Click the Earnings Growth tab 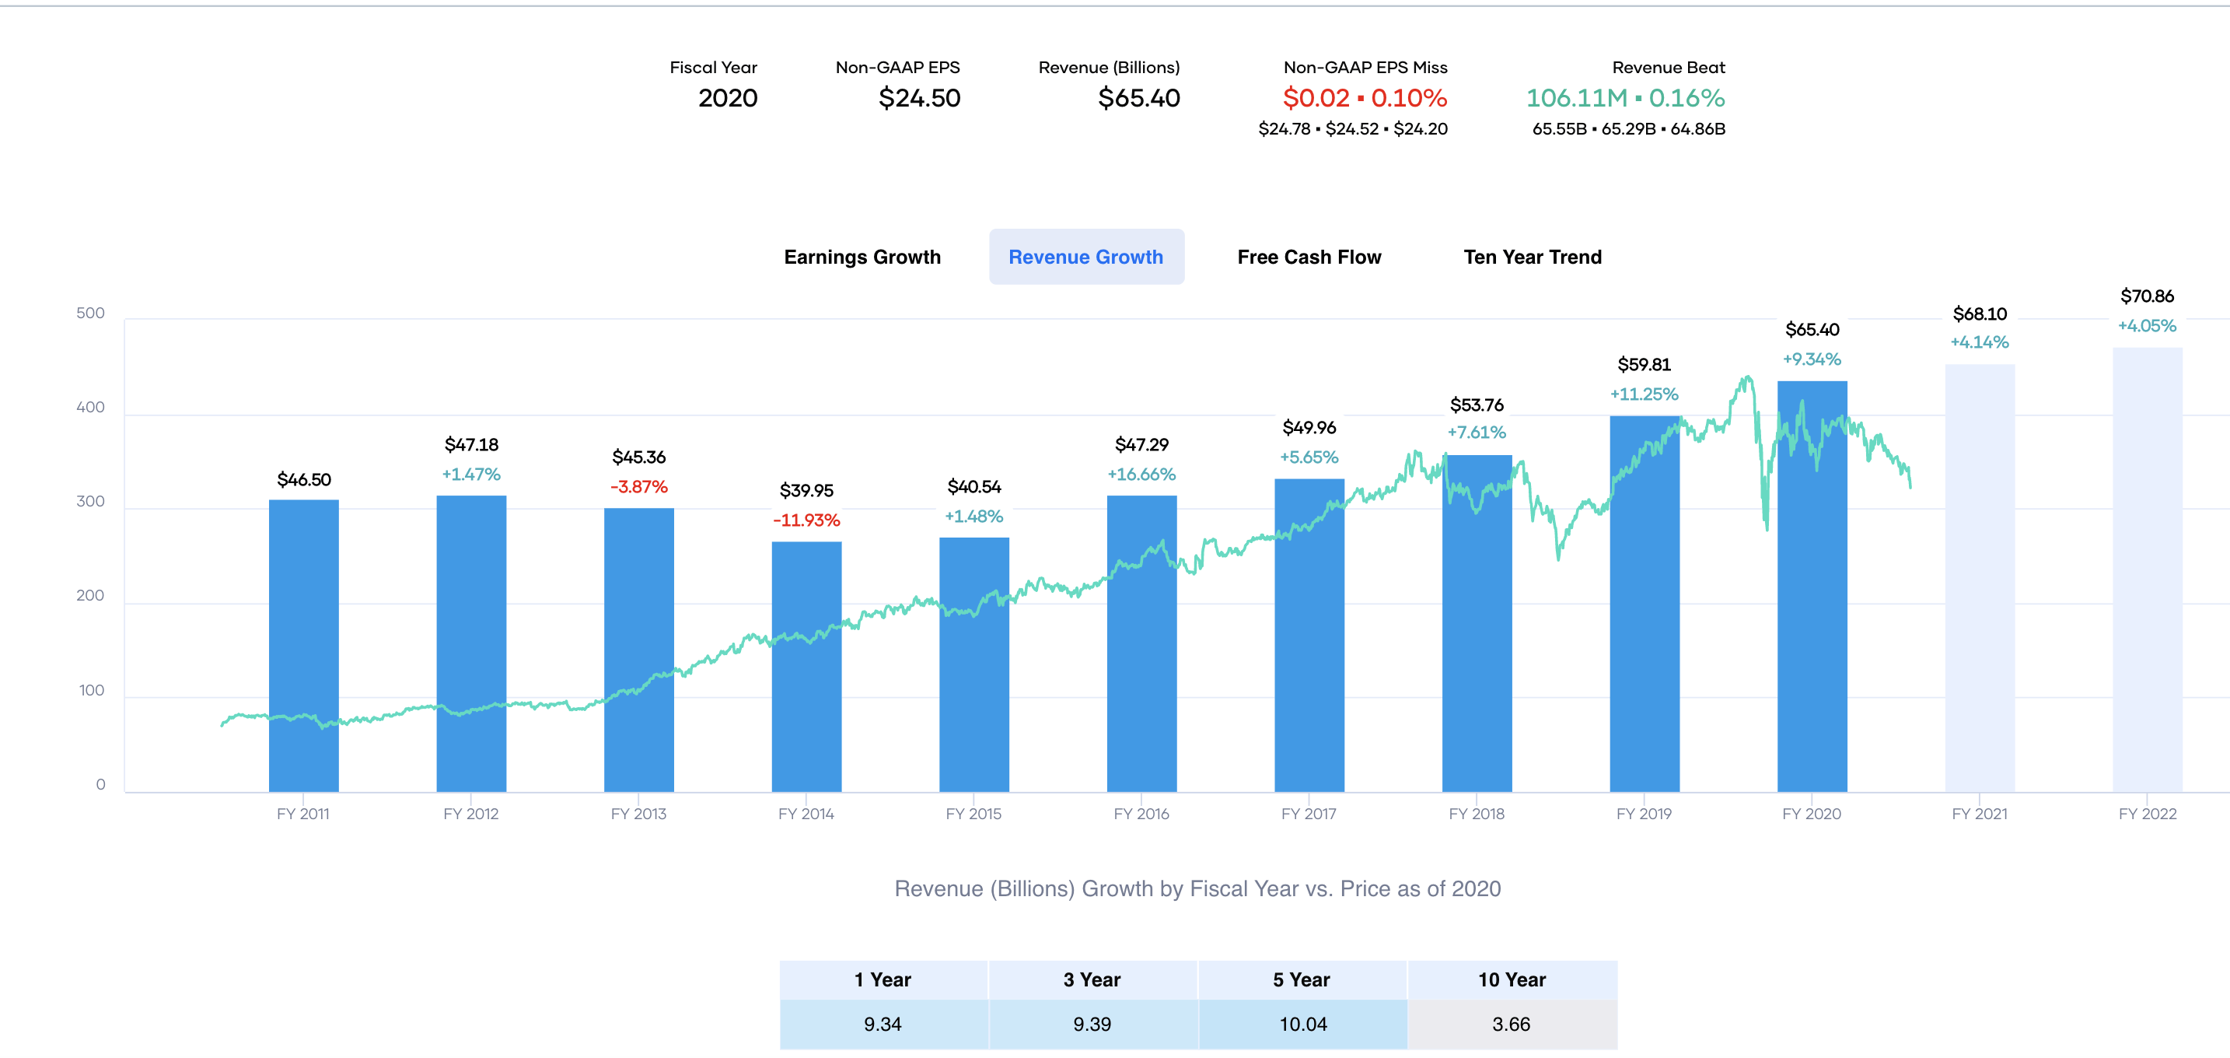862,257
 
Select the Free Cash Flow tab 1309,257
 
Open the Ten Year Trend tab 1533,257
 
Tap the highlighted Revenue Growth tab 1086,257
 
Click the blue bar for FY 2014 806,667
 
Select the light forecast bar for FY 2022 2147,569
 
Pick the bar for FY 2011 304,646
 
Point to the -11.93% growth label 806,520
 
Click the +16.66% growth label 1141,475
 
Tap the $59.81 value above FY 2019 1644,365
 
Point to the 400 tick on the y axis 90,407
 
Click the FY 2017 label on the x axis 1309,814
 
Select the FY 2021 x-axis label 1979,814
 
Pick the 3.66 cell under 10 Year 1512,1025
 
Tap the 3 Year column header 1092,980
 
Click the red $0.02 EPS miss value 1316,98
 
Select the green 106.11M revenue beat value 1576,98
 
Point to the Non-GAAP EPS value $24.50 919,98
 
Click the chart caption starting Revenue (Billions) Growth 1197,889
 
